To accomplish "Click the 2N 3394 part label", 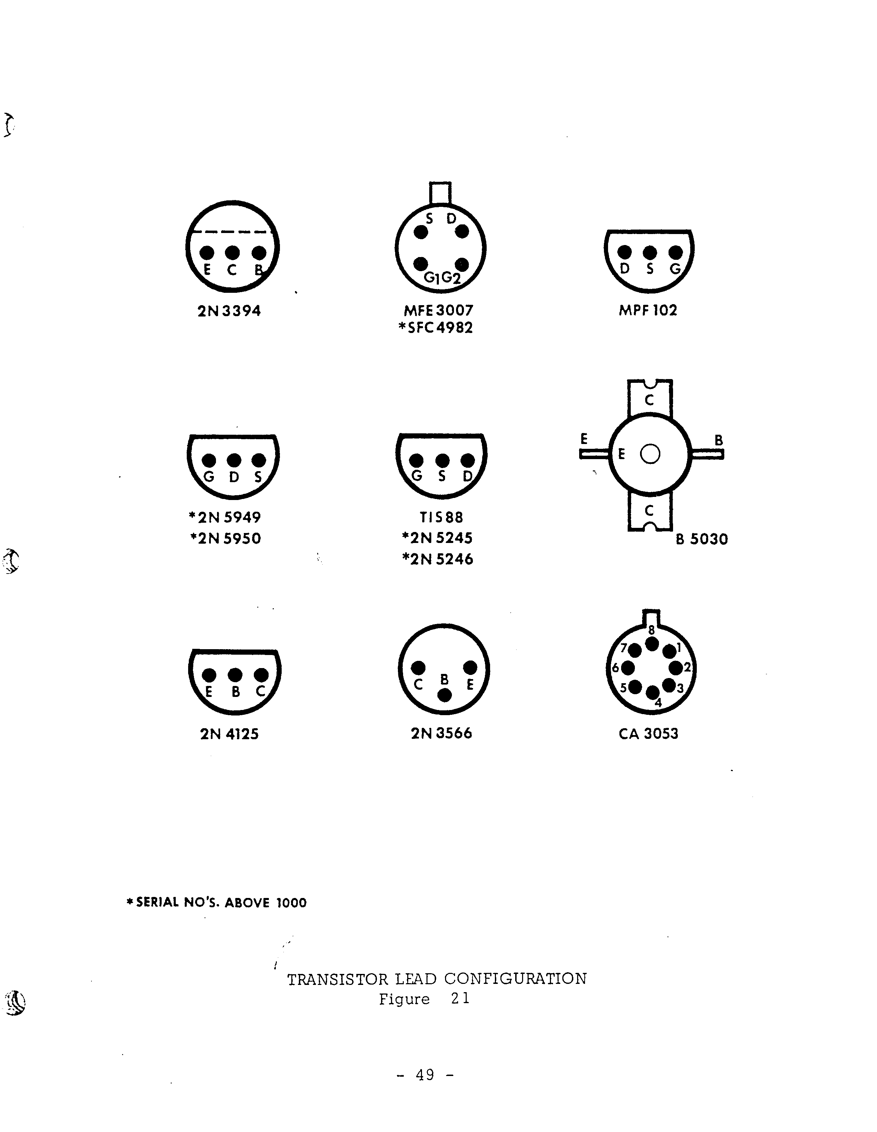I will point(229,311).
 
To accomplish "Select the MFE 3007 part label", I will point(438,310).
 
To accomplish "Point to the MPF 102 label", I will point(648,310).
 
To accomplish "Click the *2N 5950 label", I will point(226,539).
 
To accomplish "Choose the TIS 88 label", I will point(441,517).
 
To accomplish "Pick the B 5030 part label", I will point(702,540).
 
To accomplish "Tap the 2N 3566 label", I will point(441,733).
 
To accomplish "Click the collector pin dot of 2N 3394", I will point(232,253).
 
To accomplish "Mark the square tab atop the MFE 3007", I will point(440,193).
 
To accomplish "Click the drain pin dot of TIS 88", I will point(468,460).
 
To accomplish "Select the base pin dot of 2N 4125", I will point(235,675).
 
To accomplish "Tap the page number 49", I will point(425,1075).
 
